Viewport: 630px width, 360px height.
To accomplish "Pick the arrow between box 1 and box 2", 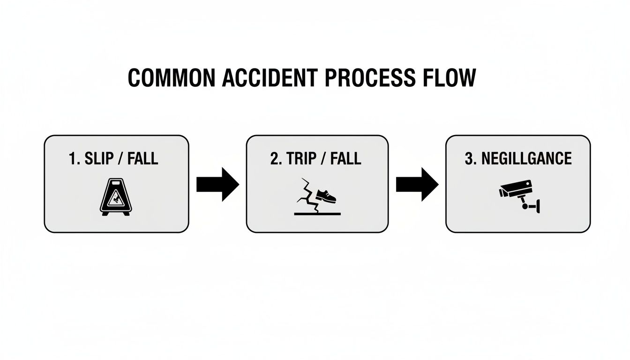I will click(x=217, y=185).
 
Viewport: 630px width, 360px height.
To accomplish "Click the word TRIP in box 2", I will click(x=299, y=158).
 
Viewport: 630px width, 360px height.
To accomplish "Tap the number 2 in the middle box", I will click(x=275, y=158).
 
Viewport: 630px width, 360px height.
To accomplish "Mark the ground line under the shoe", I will click(x=317, y=213).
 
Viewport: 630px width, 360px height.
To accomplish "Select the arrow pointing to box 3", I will click(x=417, y=185).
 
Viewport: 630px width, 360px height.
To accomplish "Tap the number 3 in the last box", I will click(x=469, y=158).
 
